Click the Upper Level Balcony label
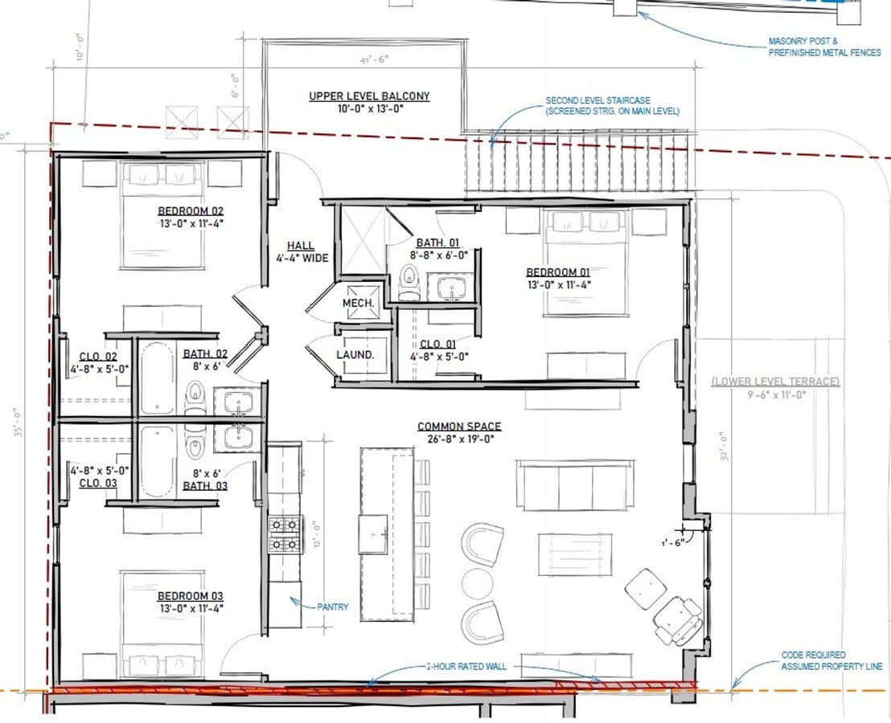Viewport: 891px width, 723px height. (x=369, y=96)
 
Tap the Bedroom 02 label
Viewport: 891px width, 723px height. (x=190, y=212)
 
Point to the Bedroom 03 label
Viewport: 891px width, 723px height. (x=190, y=596)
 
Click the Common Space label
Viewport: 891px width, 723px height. (x=458, y=427)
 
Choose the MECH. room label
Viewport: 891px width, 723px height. (x=358, y=303)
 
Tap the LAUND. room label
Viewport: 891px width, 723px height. (x=355, y=354)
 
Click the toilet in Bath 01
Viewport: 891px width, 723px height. (x=409, y=281)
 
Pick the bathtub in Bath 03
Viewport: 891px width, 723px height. (x=158, y=463)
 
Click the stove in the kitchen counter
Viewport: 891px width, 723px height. (x=285, y=534)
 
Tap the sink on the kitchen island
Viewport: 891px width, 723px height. (x=373, y=534)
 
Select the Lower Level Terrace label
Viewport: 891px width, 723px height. (x=775, y=382)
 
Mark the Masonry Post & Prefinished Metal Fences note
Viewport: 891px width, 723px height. (x=823, y=47)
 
